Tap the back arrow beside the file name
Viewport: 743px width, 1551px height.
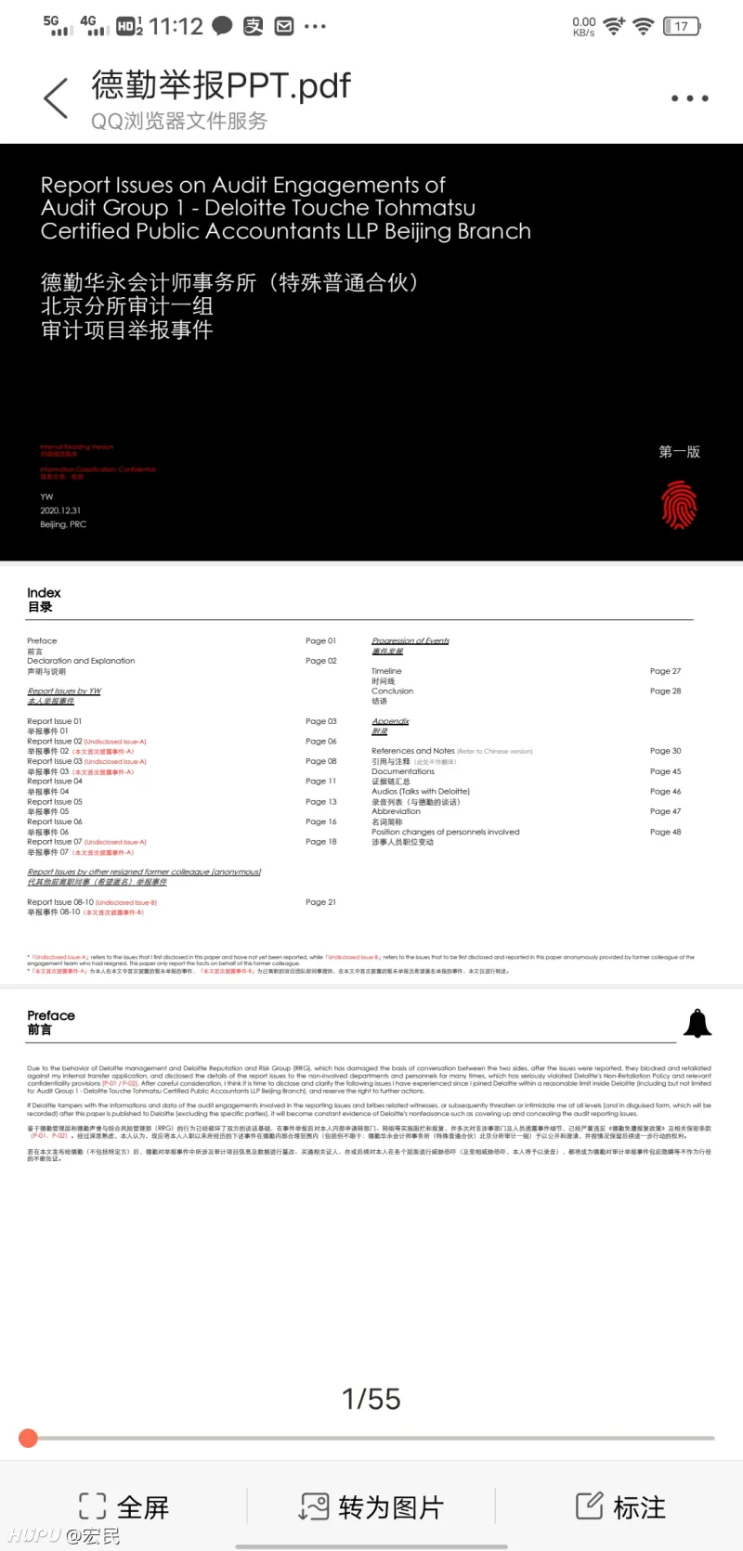(56, 98)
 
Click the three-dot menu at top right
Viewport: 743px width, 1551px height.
(690, 98)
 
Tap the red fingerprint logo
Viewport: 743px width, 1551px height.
(679, 505)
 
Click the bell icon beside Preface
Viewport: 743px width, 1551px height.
(697, 1023)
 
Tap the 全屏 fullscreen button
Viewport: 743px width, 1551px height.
(124, 1506)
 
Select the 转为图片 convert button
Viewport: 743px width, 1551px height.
(371, 1506)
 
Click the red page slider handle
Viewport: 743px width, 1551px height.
(29, 1438)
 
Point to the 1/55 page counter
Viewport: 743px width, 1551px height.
(371, 1399)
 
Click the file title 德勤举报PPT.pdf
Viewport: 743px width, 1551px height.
(221, 85)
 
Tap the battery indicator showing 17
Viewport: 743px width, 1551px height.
(681, 26)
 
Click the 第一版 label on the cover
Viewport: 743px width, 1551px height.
(679, 452)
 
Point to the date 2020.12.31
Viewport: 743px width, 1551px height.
(60, 511)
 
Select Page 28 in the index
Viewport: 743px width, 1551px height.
(665, 691)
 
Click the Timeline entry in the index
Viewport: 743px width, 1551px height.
(386, 671)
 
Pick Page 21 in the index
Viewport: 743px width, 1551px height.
(320, 902)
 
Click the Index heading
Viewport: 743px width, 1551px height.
(44, 593)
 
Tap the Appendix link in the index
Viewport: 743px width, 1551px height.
(390, 721)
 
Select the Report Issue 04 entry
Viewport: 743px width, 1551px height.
(55, 782)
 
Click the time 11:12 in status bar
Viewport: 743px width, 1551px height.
(176, 26)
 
